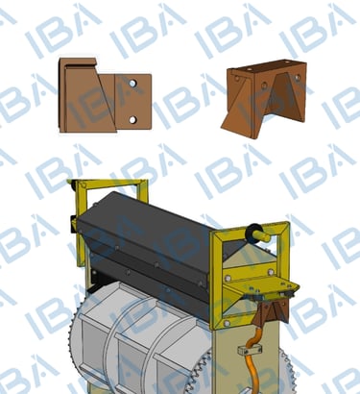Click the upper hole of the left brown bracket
(x=132, y=84)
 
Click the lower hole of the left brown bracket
(x=132, y=120)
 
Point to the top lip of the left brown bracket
(x=78, y=62)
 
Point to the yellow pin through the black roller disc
(x=265, y=237)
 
